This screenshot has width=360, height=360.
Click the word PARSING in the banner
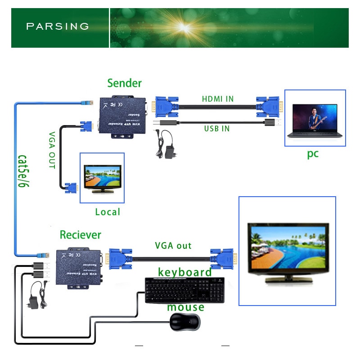(58, 26)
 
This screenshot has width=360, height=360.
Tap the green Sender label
(124, 83)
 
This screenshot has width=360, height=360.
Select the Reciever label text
(81, 235)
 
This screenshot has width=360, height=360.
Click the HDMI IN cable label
(218, 99)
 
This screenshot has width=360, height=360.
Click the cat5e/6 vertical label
(23, 171)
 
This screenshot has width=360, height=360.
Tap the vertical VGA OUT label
(51, 150)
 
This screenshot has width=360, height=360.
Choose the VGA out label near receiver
(173, 246)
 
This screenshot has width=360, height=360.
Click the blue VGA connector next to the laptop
(269, 107)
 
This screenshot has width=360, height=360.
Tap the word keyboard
(184, 272)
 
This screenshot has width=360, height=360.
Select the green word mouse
(185, 307)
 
